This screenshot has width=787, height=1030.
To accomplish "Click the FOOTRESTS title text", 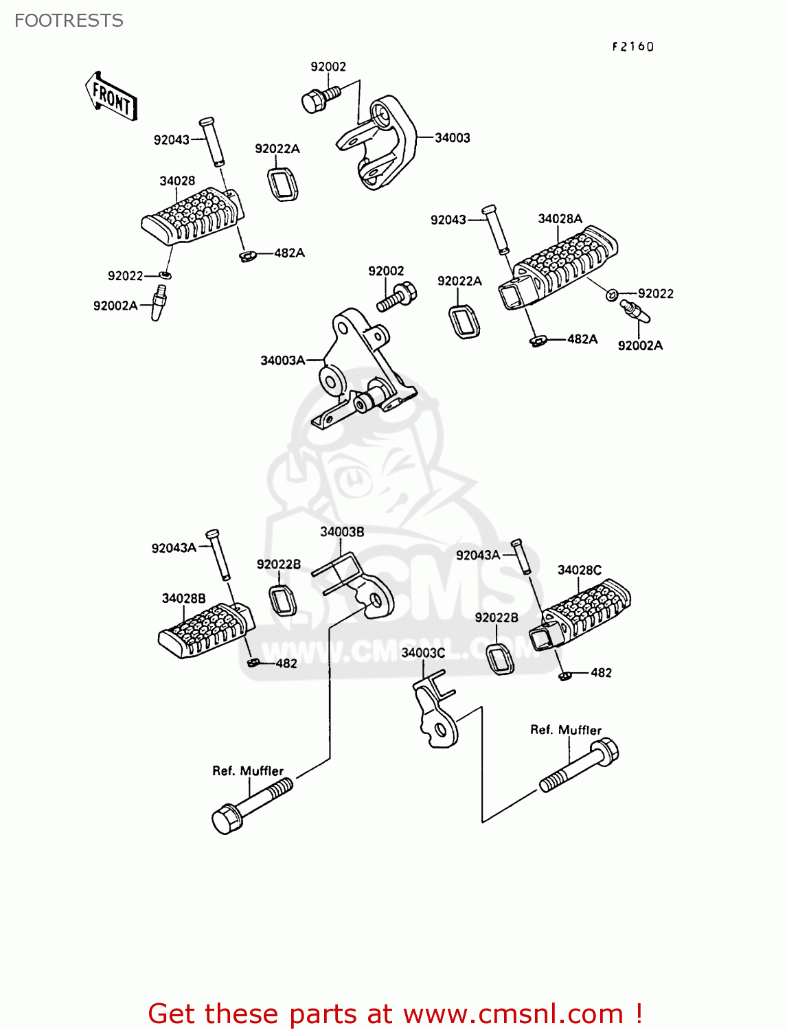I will (x=69, y=21).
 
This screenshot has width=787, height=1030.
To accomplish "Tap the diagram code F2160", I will (x=633, y=47).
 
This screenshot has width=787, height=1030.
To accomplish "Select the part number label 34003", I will (x=453, y=138).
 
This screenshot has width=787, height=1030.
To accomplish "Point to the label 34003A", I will (x=282, y=360).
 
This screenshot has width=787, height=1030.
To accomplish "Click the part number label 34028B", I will (x=183, y=598).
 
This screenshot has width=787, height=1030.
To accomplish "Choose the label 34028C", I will (x=579, y=570).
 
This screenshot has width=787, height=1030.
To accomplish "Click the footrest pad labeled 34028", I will (x=192, y=215).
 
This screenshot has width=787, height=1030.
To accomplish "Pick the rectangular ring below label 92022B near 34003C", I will (x=501, y=659).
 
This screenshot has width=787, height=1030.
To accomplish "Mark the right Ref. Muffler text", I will (x=565, y=730).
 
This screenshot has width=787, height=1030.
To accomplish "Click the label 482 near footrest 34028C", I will (x=601, y=673).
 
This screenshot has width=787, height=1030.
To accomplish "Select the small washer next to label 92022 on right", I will (x=611, y=295).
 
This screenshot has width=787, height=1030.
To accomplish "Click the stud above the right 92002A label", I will (x=634, y=310).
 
